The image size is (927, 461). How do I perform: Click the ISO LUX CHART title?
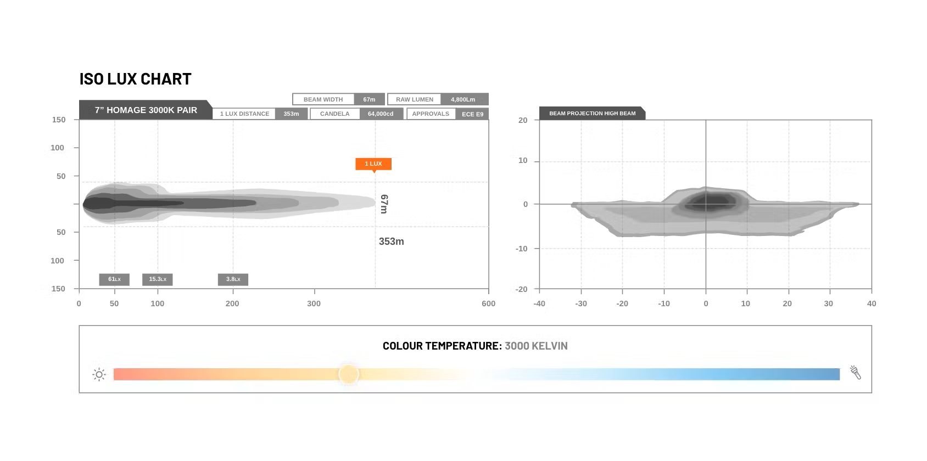[135, 79]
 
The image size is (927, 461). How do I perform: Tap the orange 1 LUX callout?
[373, 164]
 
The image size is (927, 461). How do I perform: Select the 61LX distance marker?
[114, 279]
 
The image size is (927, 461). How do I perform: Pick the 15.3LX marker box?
[157, 279]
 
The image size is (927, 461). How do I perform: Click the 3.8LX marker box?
[233, 279]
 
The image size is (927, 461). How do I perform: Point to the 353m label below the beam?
[392, 241]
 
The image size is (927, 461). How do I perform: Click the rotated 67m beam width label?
[384, 204]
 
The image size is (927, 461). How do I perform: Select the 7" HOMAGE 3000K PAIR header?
[146, 110]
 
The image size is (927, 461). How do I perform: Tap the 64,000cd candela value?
[381, 114]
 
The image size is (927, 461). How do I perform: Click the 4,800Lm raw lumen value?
[463, 99]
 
